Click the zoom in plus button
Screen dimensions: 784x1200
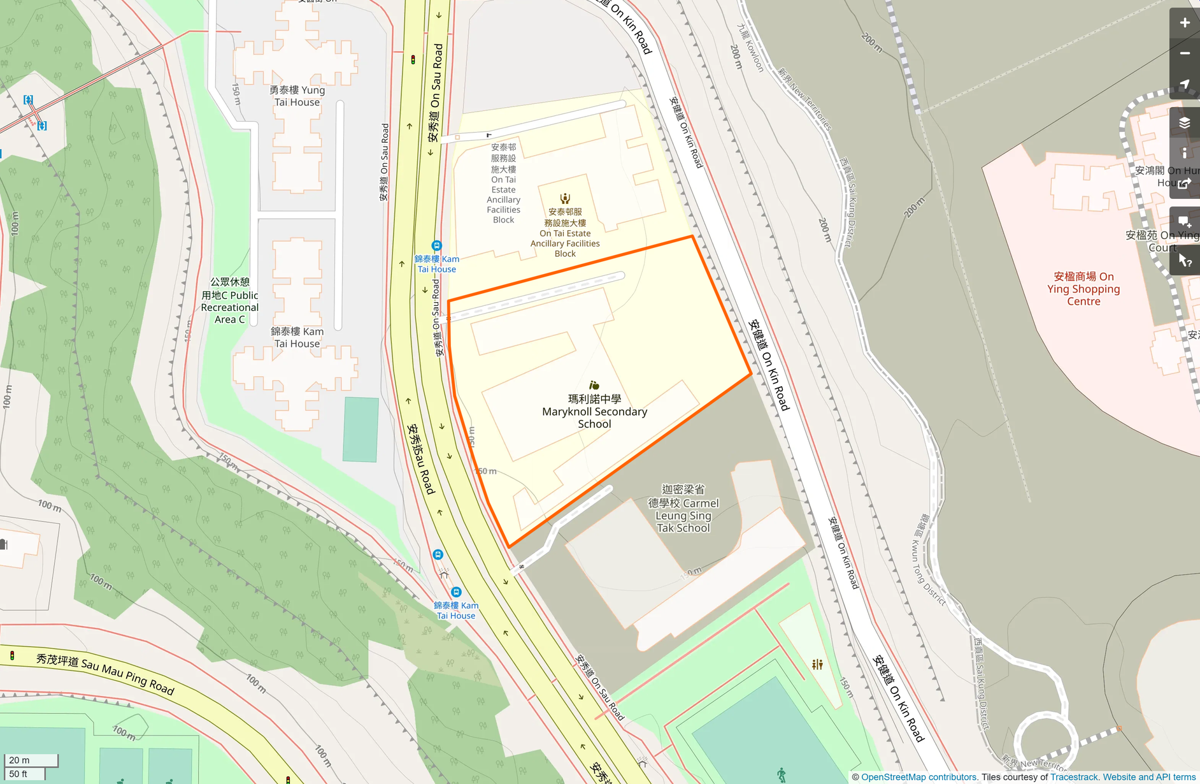pos(1184,23)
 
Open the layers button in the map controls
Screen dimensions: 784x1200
pos(1184,122)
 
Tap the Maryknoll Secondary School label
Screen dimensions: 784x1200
pos(594,412)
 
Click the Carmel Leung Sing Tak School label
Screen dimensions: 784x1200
pos(683,509)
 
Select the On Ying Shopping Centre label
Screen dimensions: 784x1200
pos(1083,289)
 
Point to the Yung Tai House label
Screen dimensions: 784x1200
pos(297,96)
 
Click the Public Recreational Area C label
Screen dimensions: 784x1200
pos(229,301)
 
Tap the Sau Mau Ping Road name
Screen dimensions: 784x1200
pos(105,673)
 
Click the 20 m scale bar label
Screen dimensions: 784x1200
pos(19,760)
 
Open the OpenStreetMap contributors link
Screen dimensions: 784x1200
pos(919,777)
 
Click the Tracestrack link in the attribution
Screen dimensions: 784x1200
pos(1074,777)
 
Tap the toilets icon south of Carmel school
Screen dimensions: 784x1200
pos(817,665)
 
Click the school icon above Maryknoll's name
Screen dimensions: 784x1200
pos(594,385)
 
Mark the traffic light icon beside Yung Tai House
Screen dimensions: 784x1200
pos(413,60)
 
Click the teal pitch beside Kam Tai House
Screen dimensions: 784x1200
pos(361,429)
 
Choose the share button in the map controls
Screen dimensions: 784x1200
pos(1184,184)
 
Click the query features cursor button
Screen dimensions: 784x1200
pos(1184,260)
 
